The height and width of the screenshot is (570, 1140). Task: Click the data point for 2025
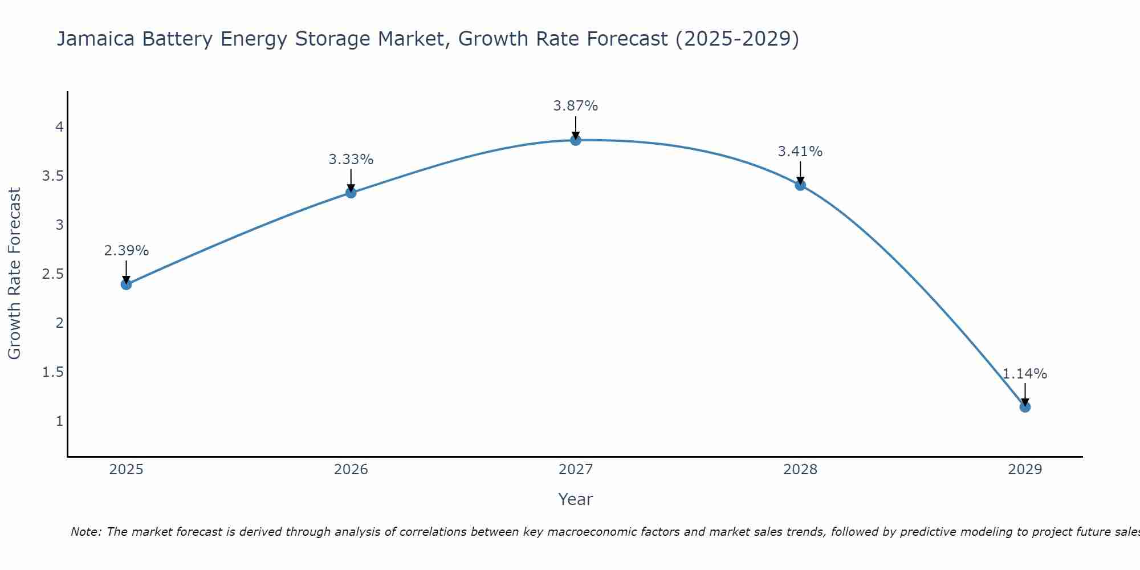[x=127, y=284]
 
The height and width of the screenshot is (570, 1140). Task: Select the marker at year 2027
[x=576, y=140]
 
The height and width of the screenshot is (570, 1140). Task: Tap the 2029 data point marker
[x=1025, y=407]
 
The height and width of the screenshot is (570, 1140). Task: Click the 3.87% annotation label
[x=576, y=106]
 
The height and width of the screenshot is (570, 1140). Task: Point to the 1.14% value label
[x=1025, y=374]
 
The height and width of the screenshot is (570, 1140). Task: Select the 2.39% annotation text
[x=127, y=251]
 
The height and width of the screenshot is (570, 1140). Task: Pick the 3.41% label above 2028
[x=800, y=152]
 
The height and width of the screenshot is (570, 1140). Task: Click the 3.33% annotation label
[x=351, y=160]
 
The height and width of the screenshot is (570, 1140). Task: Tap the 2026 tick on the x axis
[x=351, y=470]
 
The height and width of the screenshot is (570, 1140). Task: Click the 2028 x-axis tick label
[x=800, y=470]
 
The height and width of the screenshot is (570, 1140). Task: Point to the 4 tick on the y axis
[x=59, y=127]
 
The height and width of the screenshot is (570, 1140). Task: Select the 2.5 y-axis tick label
[x=53, y=274]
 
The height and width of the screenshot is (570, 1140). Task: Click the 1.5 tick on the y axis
[x=53, y=372]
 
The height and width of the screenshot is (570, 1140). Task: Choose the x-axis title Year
[x=576, y=499]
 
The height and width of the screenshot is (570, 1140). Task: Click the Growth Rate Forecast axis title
[x=15, y=274]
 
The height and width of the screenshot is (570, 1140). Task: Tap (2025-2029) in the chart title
[x=737, y=39]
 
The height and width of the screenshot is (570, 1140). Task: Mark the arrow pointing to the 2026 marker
[x=351, y=181]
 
